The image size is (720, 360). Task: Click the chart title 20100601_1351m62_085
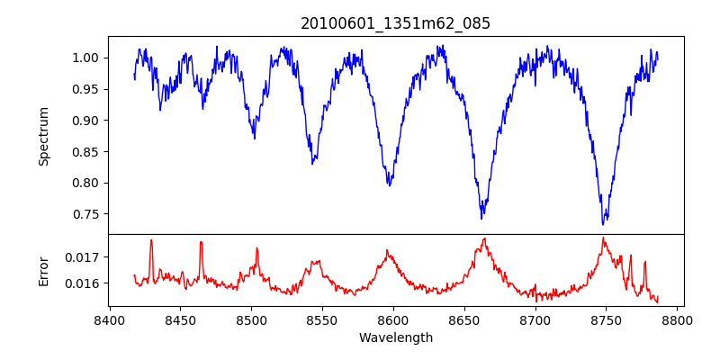pyautogui.click(x=395, y=23)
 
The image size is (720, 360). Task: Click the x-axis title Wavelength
pyautogui.click(x=395, y=338)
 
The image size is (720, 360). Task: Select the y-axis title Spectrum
pyautogui.click(x=43, y=136)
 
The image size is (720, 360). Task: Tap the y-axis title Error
pyautogui.click(x=43, y=270)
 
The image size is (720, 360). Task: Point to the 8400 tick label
pyautogui.click(x=109, y=319)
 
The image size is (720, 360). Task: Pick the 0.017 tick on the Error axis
pyautogui.click(x=83, y=256)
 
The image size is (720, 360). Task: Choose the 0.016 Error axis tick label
pyautogui.click(x=83, y=283)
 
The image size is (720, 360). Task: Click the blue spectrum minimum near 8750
pyautogui.click(x=604, y=223)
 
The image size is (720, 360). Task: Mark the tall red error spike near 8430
pyautogui.click(x=151, y=240)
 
